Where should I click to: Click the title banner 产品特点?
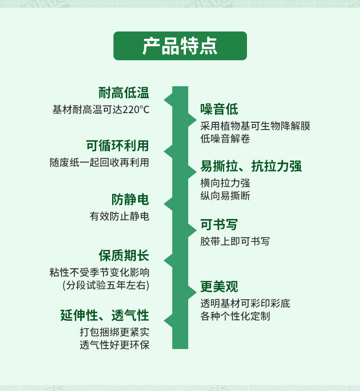coord(180,46)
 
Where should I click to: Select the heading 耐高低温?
coord(124,93)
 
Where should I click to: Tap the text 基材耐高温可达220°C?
coord(101,109)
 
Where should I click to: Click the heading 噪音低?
coord(219,109)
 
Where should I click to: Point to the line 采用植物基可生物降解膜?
coord(255,126)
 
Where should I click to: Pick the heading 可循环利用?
coord(118,146)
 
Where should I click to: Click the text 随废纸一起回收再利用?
coord(99,162)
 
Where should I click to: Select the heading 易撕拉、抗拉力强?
coord(251,166)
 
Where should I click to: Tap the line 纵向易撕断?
coord(225,196)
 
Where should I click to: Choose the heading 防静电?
coord(130,199)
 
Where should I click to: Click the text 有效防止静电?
coord(119,216)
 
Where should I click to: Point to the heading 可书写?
coord(219,224)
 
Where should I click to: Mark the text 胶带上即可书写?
coord(235,241)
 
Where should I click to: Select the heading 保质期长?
coord(124,255)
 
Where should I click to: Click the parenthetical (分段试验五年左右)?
coord(106,285)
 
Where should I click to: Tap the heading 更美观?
coord(219,287)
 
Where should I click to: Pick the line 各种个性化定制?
coord(235,316)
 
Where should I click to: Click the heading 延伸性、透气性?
coord(105,315)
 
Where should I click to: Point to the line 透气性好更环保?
coord(114,345)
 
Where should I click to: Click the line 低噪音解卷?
coord(225,139)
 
